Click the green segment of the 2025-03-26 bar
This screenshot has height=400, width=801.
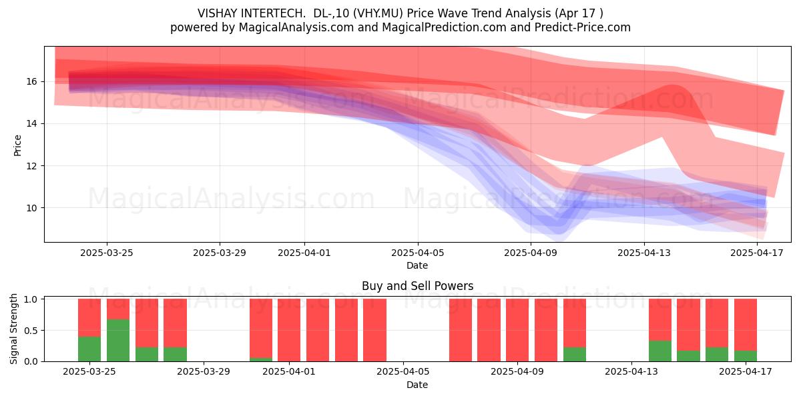pyautogui.click(x=118, y=340)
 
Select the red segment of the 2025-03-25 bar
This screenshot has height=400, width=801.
pyautogui.click(x=89, y=317)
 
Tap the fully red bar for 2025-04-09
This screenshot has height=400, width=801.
pyautogui.click(x=517, y=330)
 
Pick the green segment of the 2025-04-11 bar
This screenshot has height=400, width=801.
pyautogui.click(x=574, y=354)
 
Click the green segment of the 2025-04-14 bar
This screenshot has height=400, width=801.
pyautogui.click(x=659, y=351)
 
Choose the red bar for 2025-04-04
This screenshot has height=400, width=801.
pyautogui.click(x=374, y=330)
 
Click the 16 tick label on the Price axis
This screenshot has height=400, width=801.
pyautogui.click(x=31, y=82)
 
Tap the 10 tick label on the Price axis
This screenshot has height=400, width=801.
pyautogui.click(x=31, y=208)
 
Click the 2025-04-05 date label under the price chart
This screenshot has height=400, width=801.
pyautogui.click(x=417, y=253)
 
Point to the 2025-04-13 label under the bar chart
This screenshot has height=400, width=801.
pyautogui.click(x=631, y=372)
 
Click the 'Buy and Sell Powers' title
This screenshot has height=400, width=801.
pyautogui.click(x=417, y=286)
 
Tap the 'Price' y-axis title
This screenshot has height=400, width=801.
pyautogui.click(x=17, y=145)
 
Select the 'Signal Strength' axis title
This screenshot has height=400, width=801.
pyautogui.click(x=13, y=329)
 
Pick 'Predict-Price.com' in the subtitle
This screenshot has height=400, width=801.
pyautogui.click(x=583, y=27)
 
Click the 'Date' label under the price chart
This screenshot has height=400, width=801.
pyautogui.click(x=417, y=265)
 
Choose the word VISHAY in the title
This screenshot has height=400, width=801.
pyautogui.click(x=218, y=13)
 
